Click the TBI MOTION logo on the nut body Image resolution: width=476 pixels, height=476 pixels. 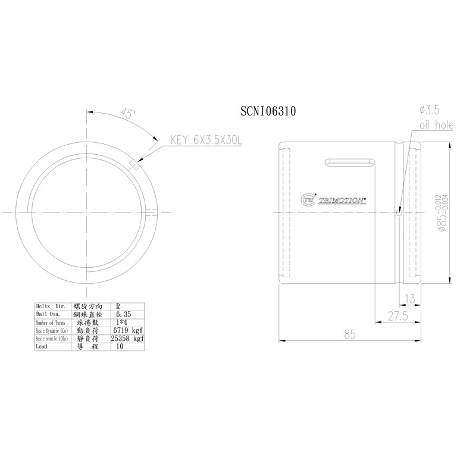click(x=333, y=201)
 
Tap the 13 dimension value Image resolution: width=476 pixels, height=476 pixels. click(x=409, y=298)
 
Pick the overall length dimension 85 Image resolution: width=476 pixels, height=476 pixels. click(x=349, y=335)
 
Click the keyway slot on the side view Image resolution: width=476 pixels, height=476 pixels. click(x=349, y=162)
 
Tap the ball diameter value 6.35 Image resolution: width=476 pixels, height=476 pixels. click(x=123, y=314)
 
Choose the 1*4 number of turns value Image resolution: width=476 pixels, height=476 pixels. click(x=123, y=322)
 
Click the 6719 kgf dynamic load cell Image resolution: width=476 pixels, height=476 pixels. click(x=128, y=330)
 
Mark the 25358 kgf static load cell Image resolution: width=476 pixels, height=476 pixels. click(x=128, y=338)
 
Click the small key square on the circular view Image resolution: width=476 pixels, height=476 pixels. click(x=134, y=165)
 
